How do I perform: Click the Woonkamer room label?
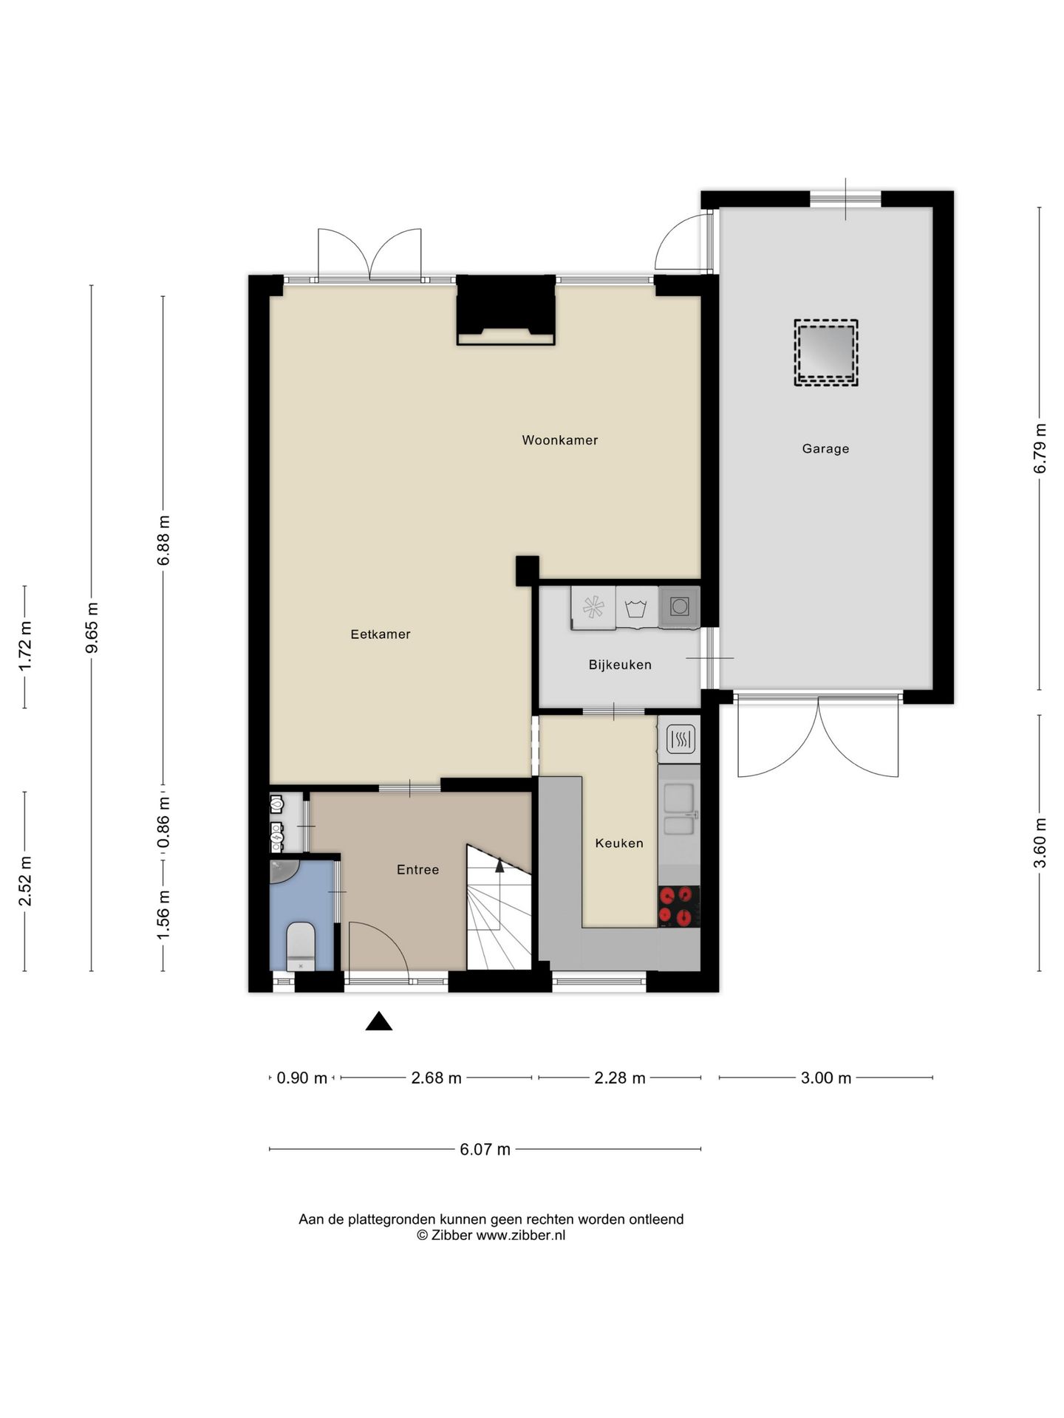tap(559, 440)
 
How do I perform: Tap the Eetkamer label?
tap(381, 634)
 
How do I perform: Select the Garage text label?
tap(825, 449)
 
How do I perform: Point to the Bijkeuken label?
tap(620, 665)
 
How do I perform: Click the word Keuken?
tap(619, 843)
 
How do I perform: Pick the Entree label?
tap(417, 870)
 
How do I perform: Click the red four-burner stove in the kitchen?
tap(679, 906)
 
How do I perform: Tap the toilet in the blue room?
tap(301, 946)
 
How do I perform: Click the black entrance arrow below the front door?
tap(379, 1021)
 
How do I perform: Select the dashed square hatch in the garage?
tap(826, 352)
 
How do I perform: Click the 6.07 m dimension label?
tap(485, 1149)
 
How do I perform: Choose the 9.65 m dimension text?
tap(92, 628)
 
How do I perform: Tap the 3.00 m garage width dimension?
tap(826, 1078)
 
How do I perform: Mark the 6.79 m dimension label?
tap(1040, 448)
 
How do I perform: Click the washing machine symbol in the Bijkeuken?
tap(636, 608)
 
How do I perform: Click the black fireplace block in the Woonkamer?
tap(506, 309)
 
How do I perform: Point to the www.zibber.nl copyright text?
tap(491, 1235)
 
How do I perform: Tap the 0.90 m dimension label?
tap(302, 1078)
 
